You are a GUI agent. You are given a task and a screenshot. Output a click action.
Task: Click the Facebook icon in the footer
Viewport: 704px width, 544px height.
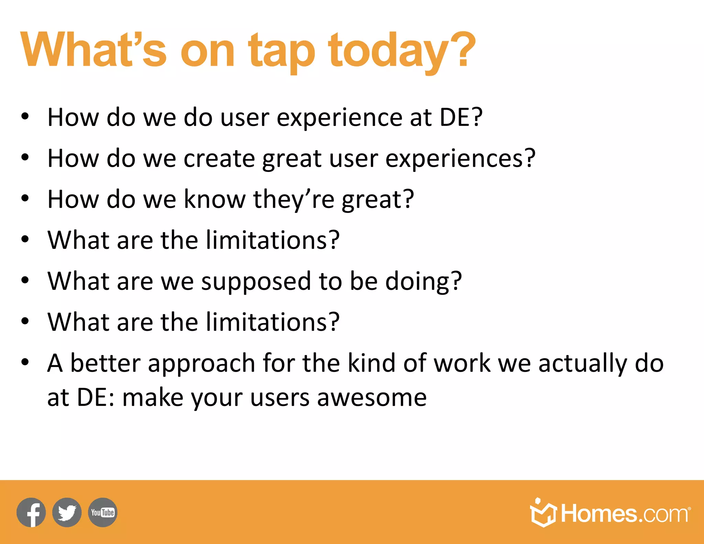point(31,512)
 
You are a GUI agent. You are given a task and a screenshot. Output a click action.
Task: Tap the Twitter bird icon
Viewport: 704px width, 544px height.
point(67,512)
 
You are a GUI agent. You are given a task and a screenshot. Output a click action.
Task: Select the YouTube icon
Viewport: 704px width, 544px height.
point(102,512)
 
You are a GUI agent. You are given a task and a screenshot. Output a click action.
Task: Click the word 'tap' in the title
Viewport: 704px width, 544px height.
point(281,52)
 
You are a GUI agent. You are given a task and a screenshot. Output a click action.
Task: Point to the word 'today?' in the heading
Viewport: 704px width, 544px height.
point(401,52)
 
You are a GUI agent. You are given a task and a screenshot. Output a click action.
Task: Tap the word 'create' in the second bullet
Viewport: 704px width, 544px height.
point(219,159)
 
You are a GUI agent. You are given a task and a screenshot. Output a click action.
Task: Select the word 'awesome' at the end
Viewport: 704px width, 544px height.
point(372,398)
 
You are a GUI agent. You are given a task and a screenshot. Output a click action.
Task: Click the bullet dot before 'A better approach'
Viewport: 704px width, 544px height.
point(25,362)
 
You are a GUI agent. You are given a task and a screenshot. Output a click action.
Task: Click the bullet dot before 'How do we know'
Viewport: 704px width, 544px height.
point(25,198)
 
